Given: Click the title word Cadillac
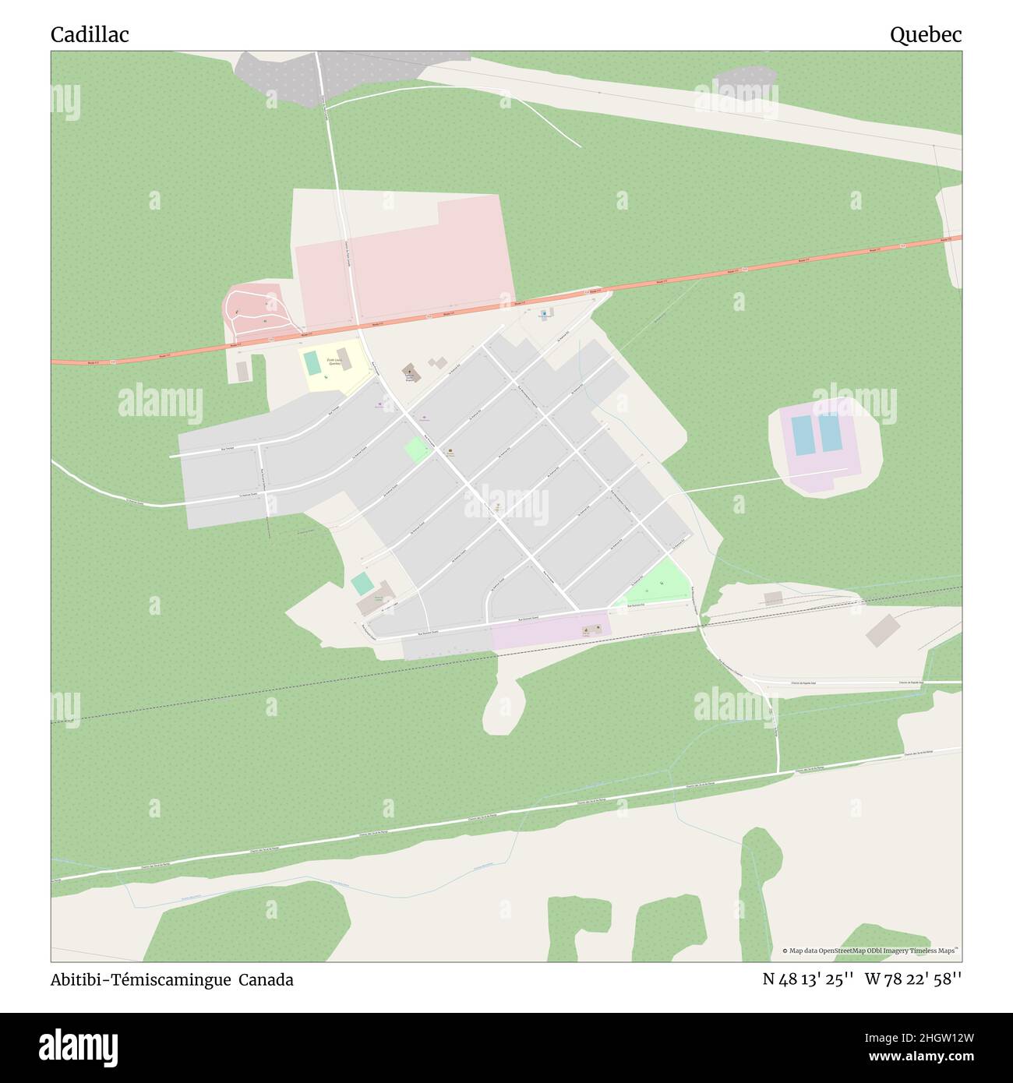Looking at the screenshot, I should [x=90, y=34].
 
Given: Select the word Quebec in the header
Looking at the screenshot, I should [x=926, y=34].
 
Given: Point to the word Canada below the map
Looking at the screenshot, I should [x=266, y=980].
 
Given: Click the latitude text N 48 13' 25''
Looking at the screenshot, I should [x=808, y=980].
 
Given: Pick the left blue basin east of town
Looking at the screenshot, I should [x=801, y=433].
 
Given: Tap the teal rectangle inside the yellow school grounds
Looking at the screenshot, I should [x=311, y=362].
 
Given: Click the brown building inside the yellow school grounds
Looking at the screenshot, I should [x=344, y=358].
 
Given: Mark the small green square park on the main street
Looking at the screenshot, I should [x=416, y=450].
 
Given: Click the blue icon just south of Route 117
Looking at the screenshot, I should [x=543, y=313].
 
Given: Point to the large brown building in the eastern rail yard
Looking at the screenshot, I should [x=881, y=629].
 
